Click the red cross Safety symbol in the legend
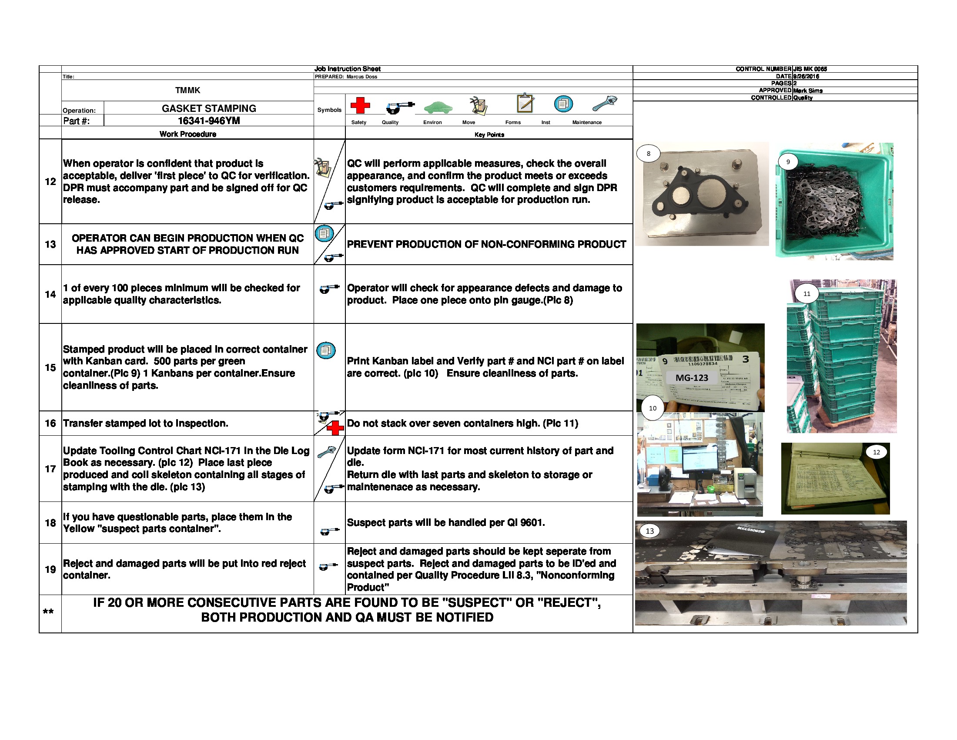tap(360, 105)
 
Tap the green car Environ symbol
tap(438, 107)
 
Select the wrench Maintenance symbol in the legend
tap(605, 104)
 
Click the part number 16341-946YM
tap(209, 121)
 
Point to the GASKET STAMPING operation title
tap(209, 108)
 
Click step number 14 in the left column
tap(50, 294)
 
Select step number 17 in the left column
tap(50, 469)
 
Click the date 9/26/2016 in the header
tap(806, 76)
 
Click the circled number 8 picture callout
tap(649, 153)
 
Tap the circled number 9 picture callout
tap(788, 162)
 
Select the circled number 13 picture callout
tap(649, 531)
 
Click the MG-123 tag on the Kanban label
tap(692, 377)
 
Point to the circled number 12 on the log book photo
tap(877, 452)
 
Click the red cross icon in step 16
tap(335, 428)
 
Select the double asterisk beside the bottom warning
tap(48, 612)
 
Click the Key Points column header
tap(489, 135)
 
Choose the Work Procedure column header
tap(187, 134)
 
